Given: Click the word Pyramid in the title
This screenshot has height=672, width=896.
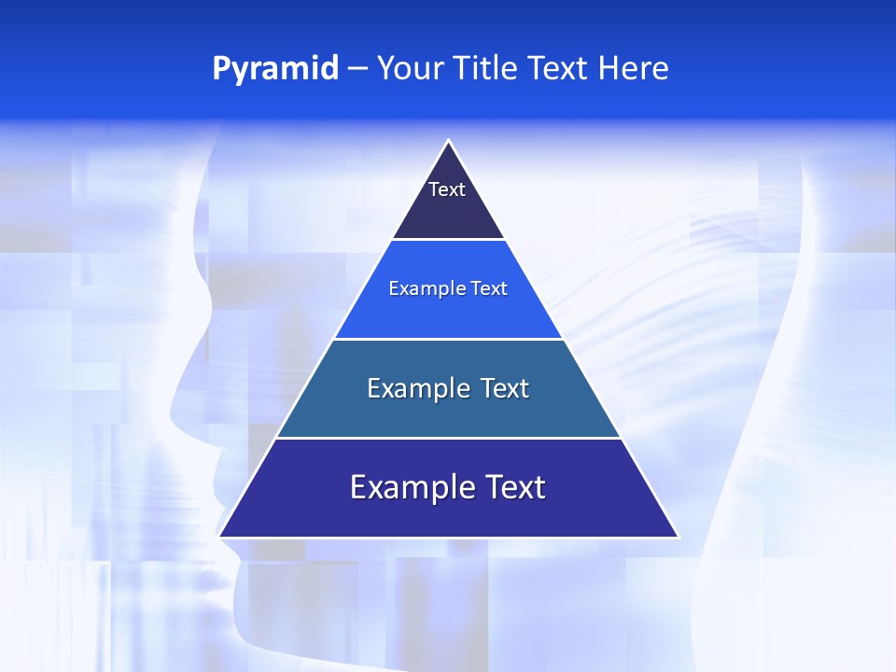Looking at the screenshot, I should pyautogui.click(x=275, y=69).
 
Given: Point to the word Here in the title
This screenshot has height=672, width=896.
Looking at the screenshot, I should pyautogui.click(x=634, y=68).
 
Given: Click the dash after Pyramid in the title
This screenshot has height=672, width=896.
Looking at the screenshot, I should pyautogui.click(x=357, y=69).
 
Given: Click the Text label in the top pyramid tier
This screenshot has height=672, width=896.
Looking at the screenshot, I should pyautogui.click(x=447, y=189).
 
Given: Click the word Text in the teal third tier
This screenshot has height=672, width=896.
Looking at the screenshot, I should pyautogui.click(x=506, y=388).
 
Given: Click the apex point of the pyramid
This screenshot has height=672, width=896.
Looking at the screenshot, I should pyautogui.click(x=448, y=142).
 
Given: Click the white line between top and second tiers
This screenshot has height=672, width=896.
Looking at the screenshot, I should pyautogui.click(x=448, y=239).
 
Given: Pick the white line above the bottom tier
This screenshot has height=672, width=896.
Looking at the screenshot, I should pyautogui.click(x=448, y=438).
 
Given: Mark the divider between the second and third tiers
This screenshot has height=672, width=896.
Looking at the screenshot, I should pyautogui.click(x=448, y=339).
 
